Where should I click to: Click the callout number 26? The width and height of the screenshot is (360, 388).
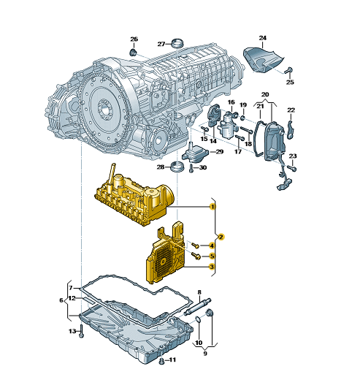[x=134, y=39]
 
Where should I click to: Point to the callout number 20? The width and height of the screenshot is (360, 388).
[x=265, y=94]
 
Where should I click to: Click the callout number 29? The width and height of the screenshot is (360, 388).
[x=218, y=151]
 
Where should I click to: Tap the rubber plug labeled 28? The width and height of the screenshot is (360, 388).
[x=175, y=169]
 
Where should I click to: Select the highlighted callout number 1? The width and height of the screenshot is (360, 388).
[x=212, y=208]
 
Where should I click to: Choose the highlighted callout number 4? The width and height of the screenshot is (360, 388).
[x=212, y=245]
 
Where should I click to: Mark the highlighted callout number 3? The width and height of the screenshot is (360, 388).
[x=212, y=267]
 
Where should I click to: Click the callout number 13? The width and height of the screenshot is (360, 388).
[x=72, y=332]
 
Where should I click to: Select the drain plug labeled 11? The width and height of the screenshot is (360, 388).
[x=161, y=362]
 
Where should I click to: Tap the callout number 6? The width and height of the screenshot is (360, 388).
[x=61, y=300]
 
